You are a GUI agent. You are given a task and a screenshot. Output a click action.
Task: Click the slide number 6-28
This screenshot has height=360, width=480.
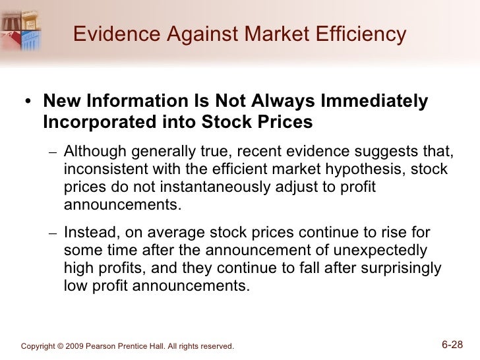(x=454, y=344)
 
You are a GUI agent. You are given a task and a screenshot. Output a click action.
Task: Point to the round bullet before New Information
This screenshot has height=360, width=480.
(x=27, y=102)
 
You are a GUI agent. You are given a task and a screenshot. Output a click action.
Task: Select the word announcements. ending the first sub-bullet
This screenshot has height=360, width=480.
(x=122, y=204)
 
